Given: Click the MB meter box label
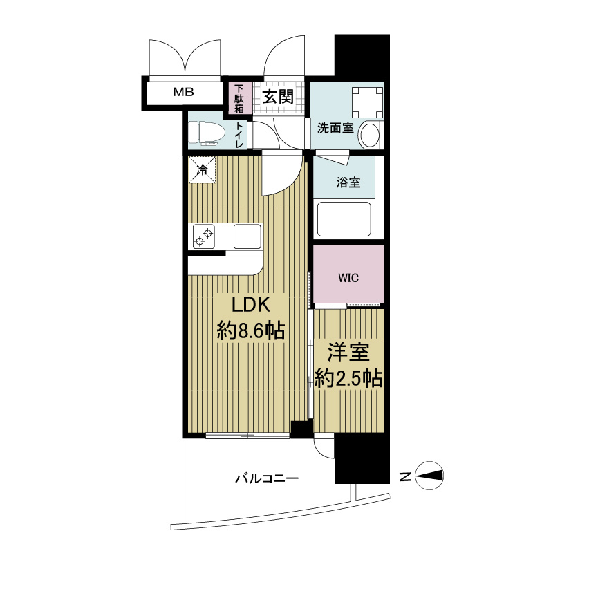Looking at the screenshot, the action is coord(183,92).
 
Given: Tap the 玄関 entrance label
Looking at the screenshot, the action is coord(278,97).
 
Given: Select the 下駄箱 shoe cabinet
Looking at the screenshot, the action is coord(239,98).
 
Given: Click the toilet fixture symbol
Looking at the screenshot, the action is coord(203,133).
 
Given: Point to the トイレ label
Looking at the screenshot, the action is coord(239,134).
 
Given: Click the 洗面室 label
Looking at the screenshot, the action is coord(335,128).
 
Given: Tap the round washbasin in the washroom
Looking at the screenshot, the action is coord(370,135).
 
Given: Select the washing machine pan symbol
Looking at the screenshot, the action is coord(367,102).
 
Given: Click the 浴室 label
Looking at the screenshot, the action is coord(348,183).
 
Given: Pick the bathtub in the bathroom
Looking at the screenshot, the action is coord(344,220).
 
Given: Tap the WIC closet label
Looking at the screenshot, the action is coord(348,278).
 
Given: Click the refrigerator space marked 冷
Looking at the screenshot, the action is coord(202,169).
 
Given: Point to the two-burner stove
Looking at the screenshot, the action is coord(204,236).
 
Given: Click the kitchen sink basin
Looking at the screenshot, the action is coord(247,236).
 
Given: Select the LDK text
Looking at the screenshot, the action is coord(251,305).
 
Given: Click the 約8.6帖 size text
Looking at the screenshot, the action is coord(251,330).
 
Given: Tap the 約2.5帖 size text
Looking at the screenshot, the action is coord(348,379).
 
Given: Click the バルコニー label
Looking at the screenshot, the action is coord(267,478).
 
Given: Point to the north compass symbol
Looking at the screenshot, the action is coord(429,475).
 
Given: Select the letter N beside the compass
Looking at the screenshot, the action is coord(405,476).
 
